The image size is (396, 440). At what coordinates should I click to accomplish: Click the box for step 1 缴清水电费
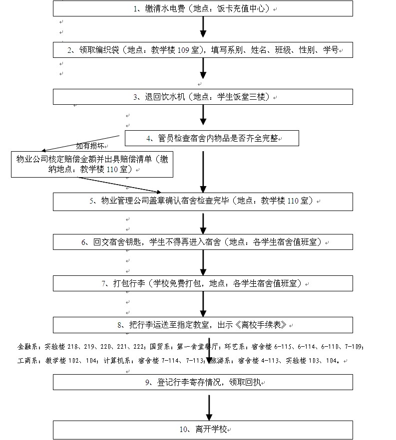pyautogui.click(x=203, y=8)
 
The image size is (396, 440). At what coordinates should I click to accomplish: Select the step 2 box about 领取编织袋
pyautogui.click(x=203, y=49)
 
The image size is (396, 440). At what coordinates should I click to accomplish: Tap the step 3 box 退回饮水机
pyautogui.click(x=203, y=96)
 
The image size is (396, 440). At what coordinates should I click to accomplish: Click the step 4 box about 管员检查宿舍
pyautogui.click(x=212, y=138)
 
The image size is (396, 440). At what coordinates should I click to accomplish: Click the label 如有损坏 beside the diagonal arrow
pyautogui.click(x=90, y=146)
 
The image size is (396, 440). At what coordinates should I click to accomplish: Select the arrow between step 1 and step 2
pyautogui.click(x=203, y=27)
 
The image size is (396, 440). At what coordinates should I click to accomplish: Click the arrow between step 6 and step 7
pyautogui.click(x=203, y=262)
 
